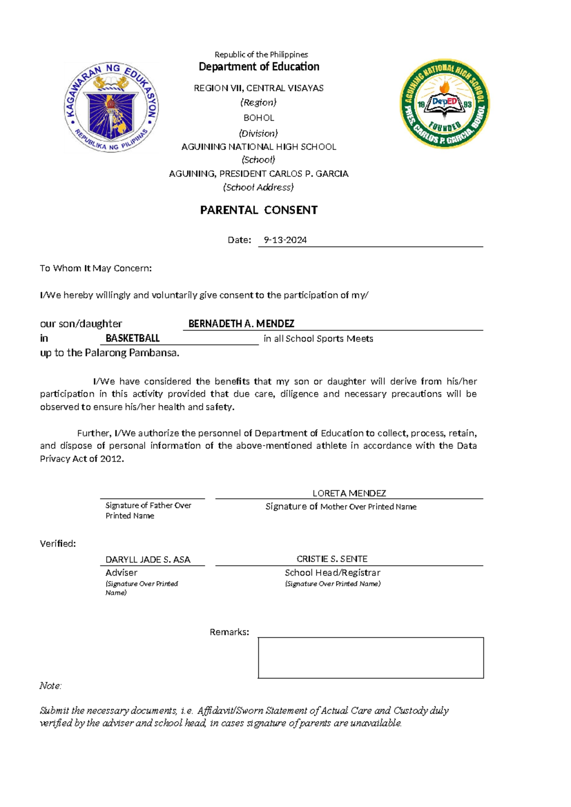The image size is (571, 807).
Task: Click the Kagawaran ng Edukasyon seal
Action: click(x=111, y=108)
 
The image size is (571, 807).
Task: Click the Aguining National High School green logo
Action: click(x=444, y=104)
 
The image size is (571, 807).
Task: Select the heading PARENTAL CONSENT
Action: click(x=258, y=210)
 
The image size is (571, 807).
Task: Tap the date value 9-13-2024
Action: click(x=285, y=240)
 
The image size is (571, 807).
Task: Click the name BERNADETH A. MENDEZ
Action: click(x=241, y=324)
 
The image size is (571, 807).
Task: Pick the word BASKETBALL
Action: click(x=132, y=338)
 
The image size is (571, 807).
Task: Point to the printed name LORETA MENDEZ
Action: click(x=349, y=493)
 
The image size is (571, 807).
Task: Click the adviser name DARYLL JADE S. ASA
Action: click(x=148, y=560)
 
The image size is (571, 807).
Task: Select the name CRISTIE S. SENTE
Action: click(x=332, y=559)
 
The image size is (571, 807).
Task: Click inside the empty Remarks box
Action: click(x=371, y=658)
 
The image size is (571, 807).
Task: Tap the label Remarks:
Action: click(x=229, y=632)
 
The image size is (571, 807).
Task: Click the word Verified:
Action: click(x=58, y=543)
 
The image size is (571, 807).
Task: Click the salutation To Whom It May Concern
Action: click(x=96, y=268)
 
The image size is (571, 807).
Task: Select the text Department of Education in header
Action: click(x=259, y=67)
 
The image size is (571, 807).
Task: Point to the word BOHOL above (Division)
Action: click(x=258, y=118)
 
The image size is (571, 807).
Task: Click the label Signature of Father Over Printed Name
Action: click(x=148, y=510)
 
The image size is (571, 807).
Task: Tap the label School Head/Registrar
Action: click(x=332, y=572)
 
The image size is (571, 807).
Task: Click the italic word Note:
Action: click(x=50, y=686)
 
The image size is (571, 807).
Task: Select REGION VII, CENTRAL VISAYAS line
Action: click(x=258, y=88)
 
